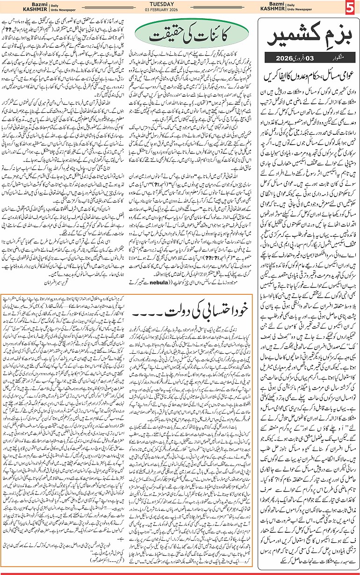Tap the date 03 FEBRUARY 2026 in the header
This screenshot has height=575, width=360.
point(180,12)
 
